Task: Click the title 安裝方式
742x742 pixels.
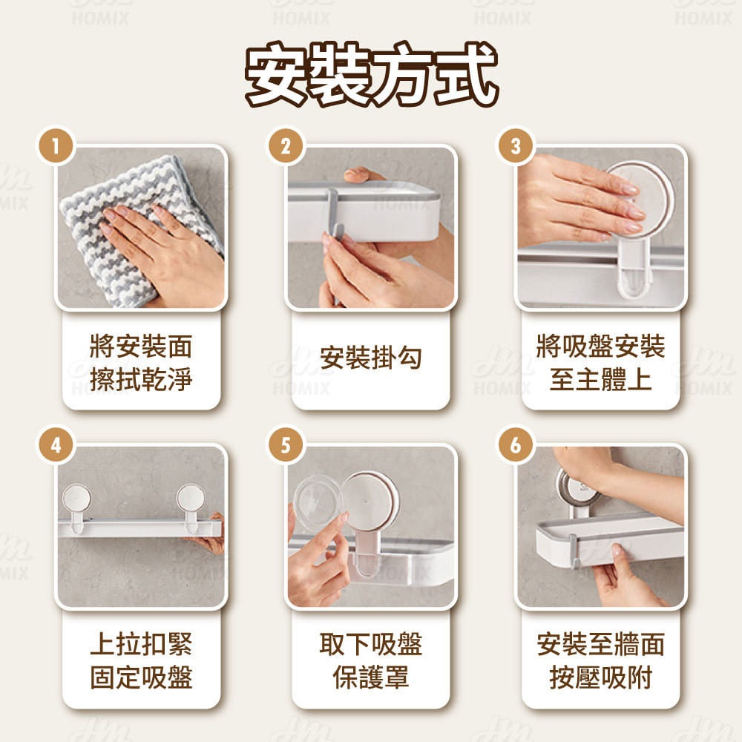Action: tap(371, 76)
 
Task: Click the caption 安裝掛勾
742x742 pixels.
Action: tap(370, 358)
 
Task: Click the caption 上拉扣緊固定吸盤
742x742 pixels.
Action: tap(141, 660)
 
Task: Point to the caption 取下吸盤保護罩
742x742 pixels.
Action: tap(370, 660)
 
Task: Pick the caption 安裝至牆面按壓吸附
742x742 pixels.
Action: tap(600, 660)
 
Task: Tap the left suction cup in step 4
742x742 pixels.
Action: tap(76, 499)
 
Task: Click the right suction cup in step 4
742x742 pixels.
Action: tap(191, 499)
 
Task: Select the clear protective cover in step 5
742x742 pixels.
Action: tap(315, 502)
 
